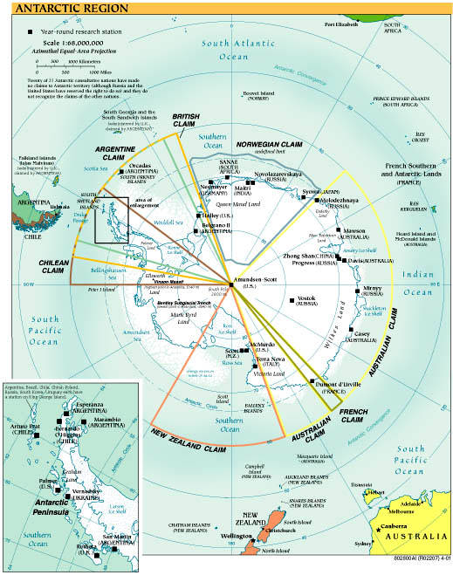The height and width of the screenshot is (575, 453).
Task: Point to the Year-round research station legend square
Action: point(31,31)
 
